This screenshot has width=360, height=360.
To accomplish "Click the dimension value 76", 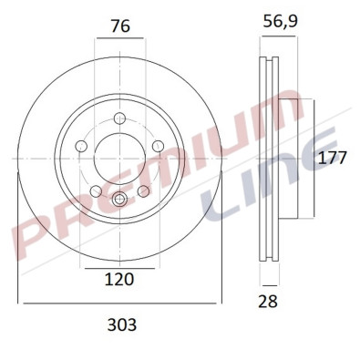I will [118, 26].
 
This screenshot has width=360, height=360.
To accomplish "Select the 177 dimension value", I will [333, 158].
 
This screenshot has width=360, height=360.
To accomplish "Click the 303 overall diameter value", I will [119, 324].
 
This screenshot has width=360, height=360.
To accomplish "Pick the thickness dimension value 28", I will [269, 301].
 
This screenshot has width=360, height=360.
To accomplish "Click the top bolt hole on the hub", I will [120, 117].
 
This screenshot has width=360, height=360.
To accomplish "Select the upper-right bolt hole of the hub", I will [158, 146].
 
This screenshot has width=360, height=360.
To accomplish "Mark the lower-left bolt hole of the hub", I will [97, 190].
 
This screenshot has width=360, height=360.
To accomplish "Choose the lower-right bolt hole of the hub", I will [143, 190].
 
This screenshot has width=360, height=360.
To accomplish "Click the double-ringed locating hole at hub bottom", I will [120, 201].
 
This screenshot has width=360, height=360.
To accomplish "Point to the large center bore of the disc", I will [119, 158].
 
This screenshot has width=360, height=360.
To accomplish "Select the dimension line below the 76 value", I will [119, 39].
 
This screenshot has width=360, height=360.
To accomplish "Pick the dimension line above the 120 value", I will [119, 270].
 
